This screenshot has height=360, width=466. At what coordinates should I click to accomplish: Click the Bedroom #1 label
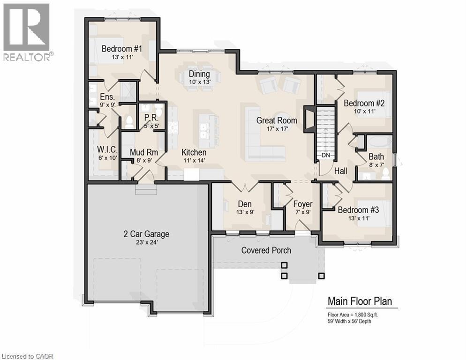[x=122, y=48]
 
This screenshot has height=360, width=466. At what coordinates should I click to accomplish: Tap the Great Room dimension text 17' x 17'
[x=276, y=129]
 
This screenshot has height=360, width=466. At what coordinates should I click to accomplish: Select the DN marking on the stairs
[x=326, y=155]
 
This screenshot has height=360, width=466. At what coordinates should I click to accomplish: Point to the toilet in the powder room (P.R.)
[x=158, y=111]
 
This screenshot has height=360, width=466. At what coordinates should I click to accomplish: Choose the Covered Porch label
[x=266, y=250]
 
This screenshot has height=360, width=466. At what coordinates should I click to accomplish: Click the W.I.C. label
[x=106, y=150]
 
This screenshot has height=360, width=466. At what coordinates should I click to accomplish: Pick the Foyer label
[x=303, y=204]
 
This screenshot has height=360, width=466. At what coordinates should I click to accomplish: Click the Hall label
[x=341, y=172]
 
